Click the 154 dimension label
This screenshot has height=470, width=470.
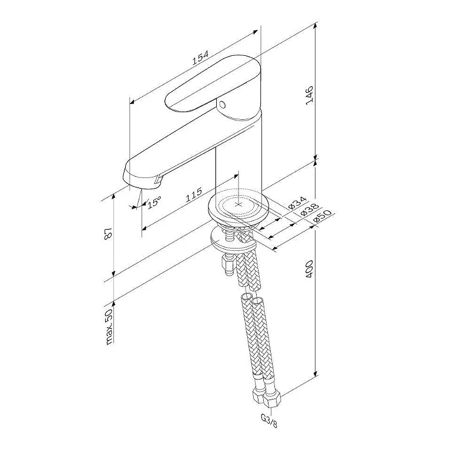coord(200,58)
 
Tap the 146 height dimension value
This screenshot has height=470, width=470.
coord(310,95)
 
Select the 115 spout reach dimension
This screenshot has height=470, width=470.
coord(194,195)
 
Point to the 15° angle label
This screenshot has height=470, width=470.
coord(154,202)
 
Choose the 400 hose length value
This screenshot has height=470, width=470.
coord(310,269)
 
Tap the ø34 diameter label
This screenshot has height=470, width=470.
coord(297,203)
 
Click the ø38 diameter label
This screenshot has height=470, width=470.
coord(310,209)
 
